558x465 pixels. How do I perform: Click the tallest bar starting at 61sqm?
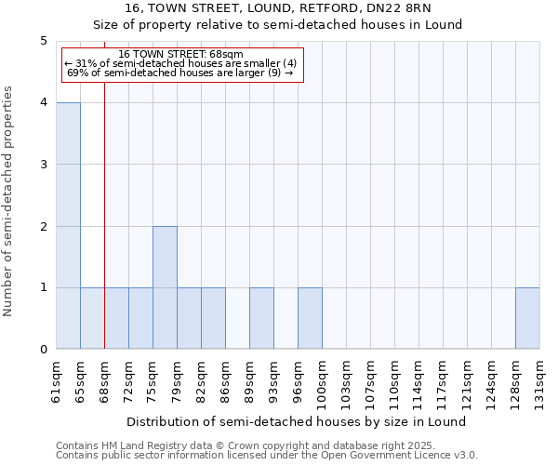click(x=68, y=226)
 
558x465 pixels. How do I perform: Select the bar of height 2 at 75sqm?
click(x=165, y=287)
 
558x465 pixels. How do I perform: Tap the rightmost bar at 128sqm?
click(x=527, y=318)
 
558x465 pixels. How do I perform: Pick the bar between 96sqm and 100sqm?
click(x=310, y=318)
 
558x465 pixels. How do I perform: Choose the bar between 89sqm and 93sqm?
click(x=261, y=318)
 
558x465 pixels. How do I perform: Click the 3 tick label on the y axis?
click(x=44, y=165)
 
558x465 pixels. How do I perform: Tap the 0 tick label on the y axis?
click(x=44, y=350)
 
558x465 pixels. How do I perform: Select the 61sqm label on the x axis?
click(x=57, y=378)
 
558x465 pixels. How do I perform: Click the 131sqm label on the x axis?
click(x=540, y=380)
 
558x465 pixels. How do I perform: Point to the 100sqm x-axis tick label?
click(x=323, y=380)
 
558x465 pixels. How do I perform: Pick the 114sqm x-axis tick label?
click(x=419, y=380)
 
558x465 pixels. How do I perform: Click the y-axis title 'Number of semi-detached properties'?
click(x=9, y=201)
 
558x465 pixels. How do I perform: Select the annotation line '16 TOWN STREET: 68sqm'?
click(x=181, y=54)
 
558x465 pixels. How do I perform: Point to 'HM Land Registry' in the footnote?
click(x=142, y=445)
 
